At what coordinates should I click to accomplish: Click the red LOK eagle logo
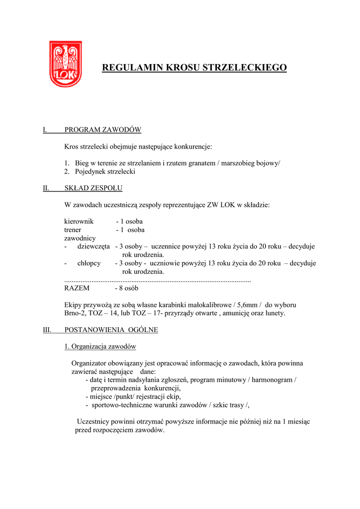click(x=65, y=64)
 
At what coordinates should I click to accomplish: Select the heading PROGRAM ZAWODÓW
click(x=103, y=130)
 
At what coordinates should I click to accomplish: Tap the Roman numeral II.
click(x=45, y=188)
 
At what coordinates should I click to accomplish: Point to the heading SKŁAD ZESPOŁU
click(x=93, y=188)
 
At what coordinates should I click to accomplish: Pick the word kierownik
click(x=79, y=221)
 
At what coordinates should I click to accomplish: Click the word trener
click(x=73, y=230)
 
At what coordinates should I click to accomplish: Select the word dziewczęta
click(x=93, y=247)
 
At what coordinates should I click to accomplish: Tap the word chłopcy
click(x=89, y=263)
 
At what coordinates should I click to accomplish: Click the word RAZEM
click(x=77, y=288)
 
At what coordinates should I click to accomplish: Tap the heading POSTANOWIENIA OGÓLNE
click(x=111, y=330)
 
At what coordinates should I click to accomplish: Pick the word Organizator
click(x=90, y=363)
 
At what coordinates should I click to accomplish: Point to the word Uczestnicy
click(x=94, y=422)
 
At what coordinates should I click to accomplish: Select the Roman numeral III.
click(x=47, y=330)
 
